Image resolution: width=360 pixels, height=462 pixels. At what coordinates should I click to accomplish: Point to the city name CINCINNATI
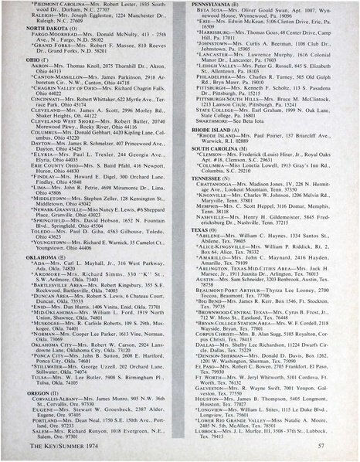pos(45,121)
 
